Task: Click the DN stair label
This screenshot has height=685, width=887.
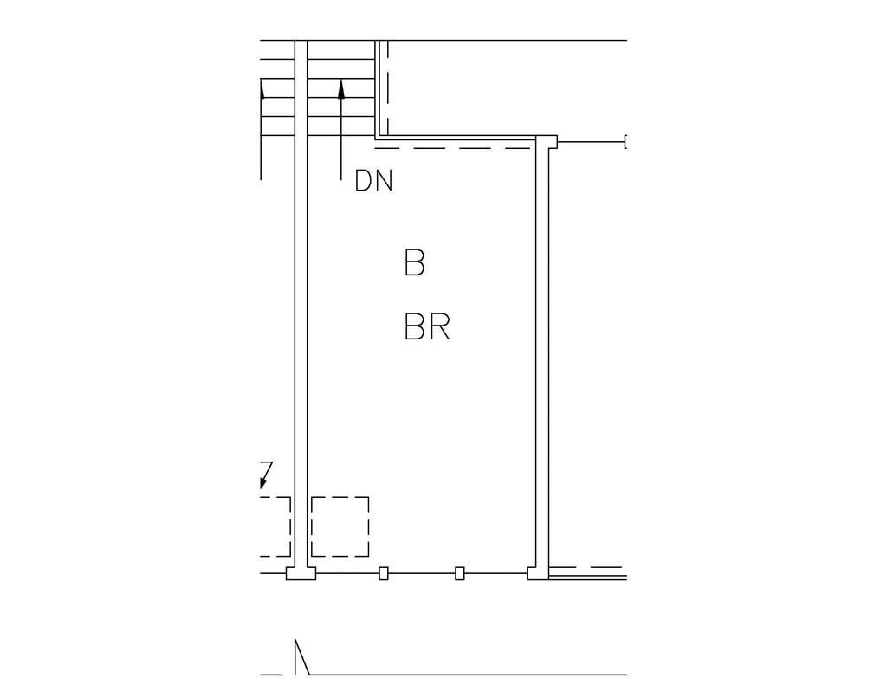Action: pyautogui.click(x=373, y=181)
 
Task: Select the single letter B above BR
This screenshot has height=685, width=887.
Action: pyautogui.click(x=415, y=262)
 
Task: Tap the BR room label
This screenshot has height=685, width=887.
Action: pyautogui.click(x=428, y=327)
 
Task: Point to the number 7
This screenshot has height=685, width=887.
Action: pyautogui.click(x=266, y=469)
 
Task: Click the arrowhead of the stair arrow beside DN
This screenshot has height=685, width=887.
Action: pyautogui.click(x=341, y=89)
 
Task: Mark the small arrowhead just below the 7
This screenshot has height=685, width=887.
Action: pyautogui.click(x=263, y=483)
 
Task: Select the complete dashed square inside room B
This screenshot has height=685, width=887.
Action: pyautogui.click(x=340, y=527)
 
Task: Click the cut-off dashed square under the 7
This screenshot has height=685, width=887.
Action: pyautogui.click(x=275, y=527)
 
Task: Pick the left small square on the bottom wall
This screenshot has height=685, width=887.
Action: pyautogui.click(x=384, y=573)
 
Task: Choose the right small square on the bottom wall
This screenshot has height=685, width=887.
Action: pyautogui.click(x=460, y=573)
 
